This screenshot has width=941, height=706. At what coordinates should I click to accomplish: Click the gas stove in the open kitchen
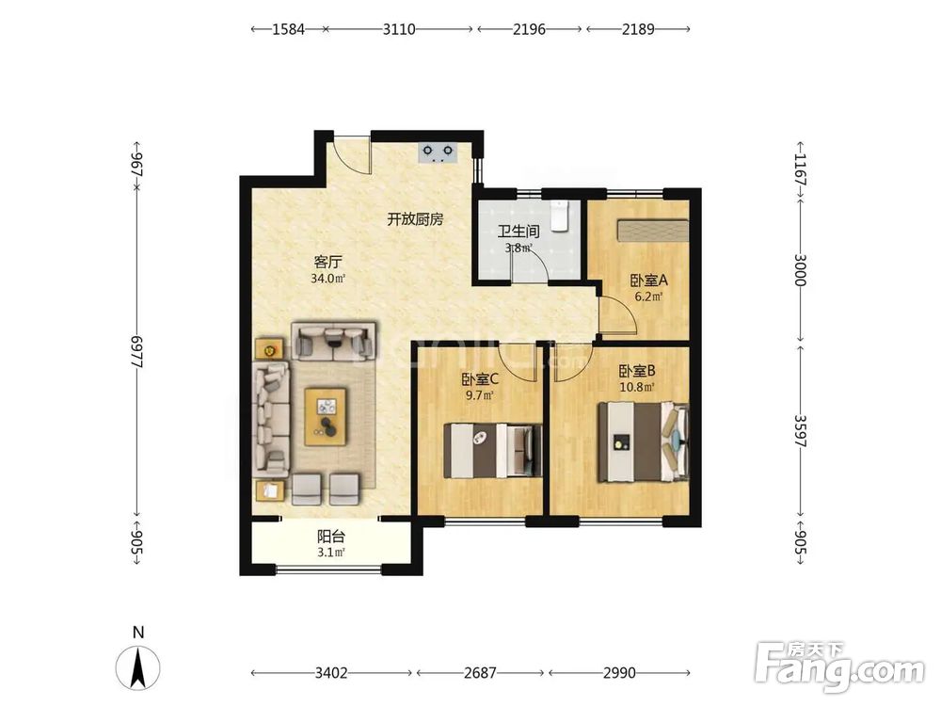pos(439,152)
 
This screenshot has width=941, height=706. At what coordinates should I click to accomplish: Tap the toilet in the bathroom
pos(560,217)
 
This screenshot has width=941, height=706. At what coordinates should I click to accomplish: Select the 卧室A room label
pos(648,280)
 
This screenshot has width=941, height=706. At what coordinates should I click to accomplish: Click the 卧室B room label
pos(637,372)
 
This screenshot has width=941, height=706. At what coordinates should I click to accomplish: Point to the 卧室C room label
pos(480,379)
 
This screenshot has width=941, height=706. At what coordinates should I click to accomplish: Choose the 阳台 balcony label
pos(330,537)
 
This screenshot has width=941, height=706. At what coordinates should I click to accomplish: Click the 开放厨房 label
pos(415,219)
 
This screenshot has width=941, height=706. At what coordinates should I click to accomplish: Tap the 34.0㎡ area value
pos(328,279)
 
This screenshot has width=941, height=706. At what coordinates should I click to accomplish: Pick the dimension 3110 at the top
pos(399,29)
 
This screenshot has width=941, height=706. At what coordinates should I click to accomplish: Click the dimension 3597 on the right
pos(801,431)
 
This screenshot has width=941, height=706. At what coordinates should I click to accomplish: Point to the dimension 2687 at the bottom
pos(480,673)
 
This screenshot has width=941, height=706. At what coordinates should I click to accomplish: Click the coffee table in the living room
pos(326,417)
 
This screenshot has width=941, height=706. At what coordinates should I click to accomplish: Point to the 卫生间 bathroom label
pos(518,232)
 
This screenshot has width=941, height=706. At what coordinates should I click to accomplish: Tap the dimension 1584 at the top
pos(289,29)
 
